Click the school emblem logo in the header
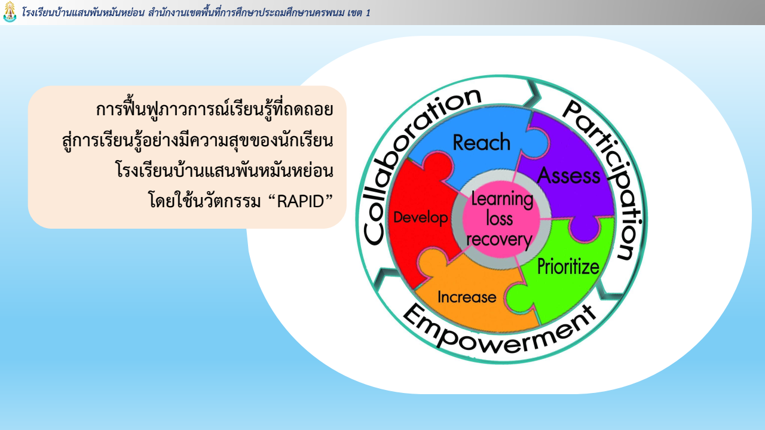tap(10, 12)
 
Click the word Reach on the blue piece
tap(482, 142)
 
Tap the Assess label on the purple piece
tap(568, 176)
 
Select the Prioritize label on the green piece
tap(568, 266)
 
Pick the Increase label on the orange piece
tap(467, 297)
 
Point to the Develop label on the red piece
tap(420, 217)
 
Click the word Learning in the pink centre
tap(502, 199)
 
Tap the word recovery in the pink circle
tap(499, 239)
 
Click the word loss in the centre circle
tap(500, 219)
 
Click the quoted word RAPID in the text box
tap(301, 201)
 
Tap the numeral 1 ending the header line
tap(368, 13)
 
